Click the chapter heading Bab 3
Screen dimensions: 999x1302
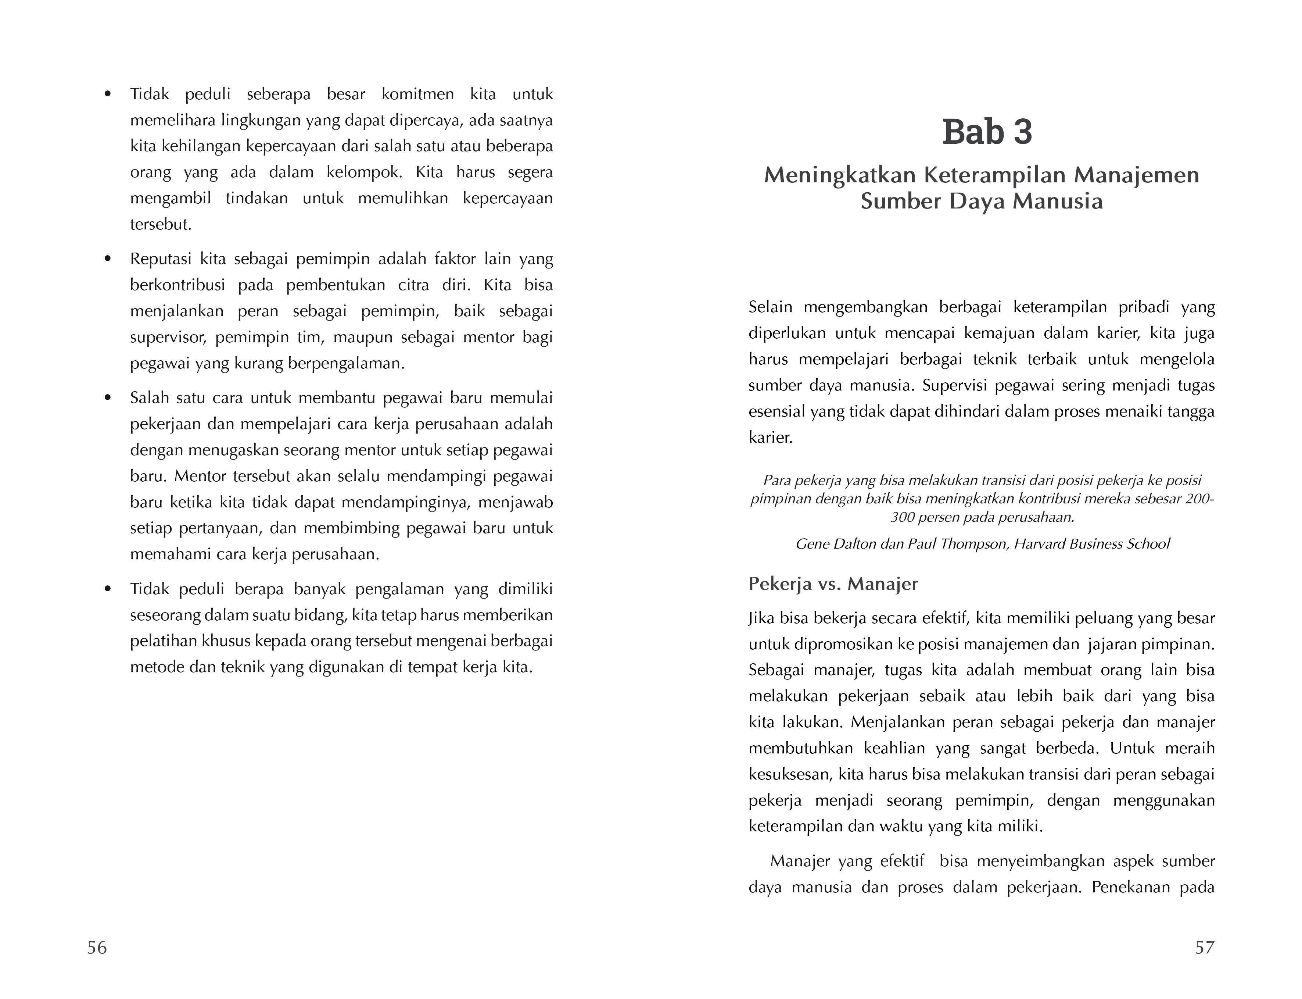pyautogui.click(x=987, y=132)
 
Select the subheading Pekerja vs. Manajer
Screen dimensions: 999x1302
pyautogui.click(x=833, y=584)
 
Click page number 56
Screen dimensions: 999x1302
pyautogui.click(x=97, y=947)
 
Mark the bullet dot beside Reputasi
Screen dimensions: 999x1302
pyautogui.click(x=108, y=259)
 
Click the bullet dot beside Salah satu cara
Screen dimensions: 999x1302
pyautogui.click(x=108, y=398)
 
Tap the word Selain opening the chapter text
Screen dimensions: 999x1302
pyautogui.click(x=770, y=307)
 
